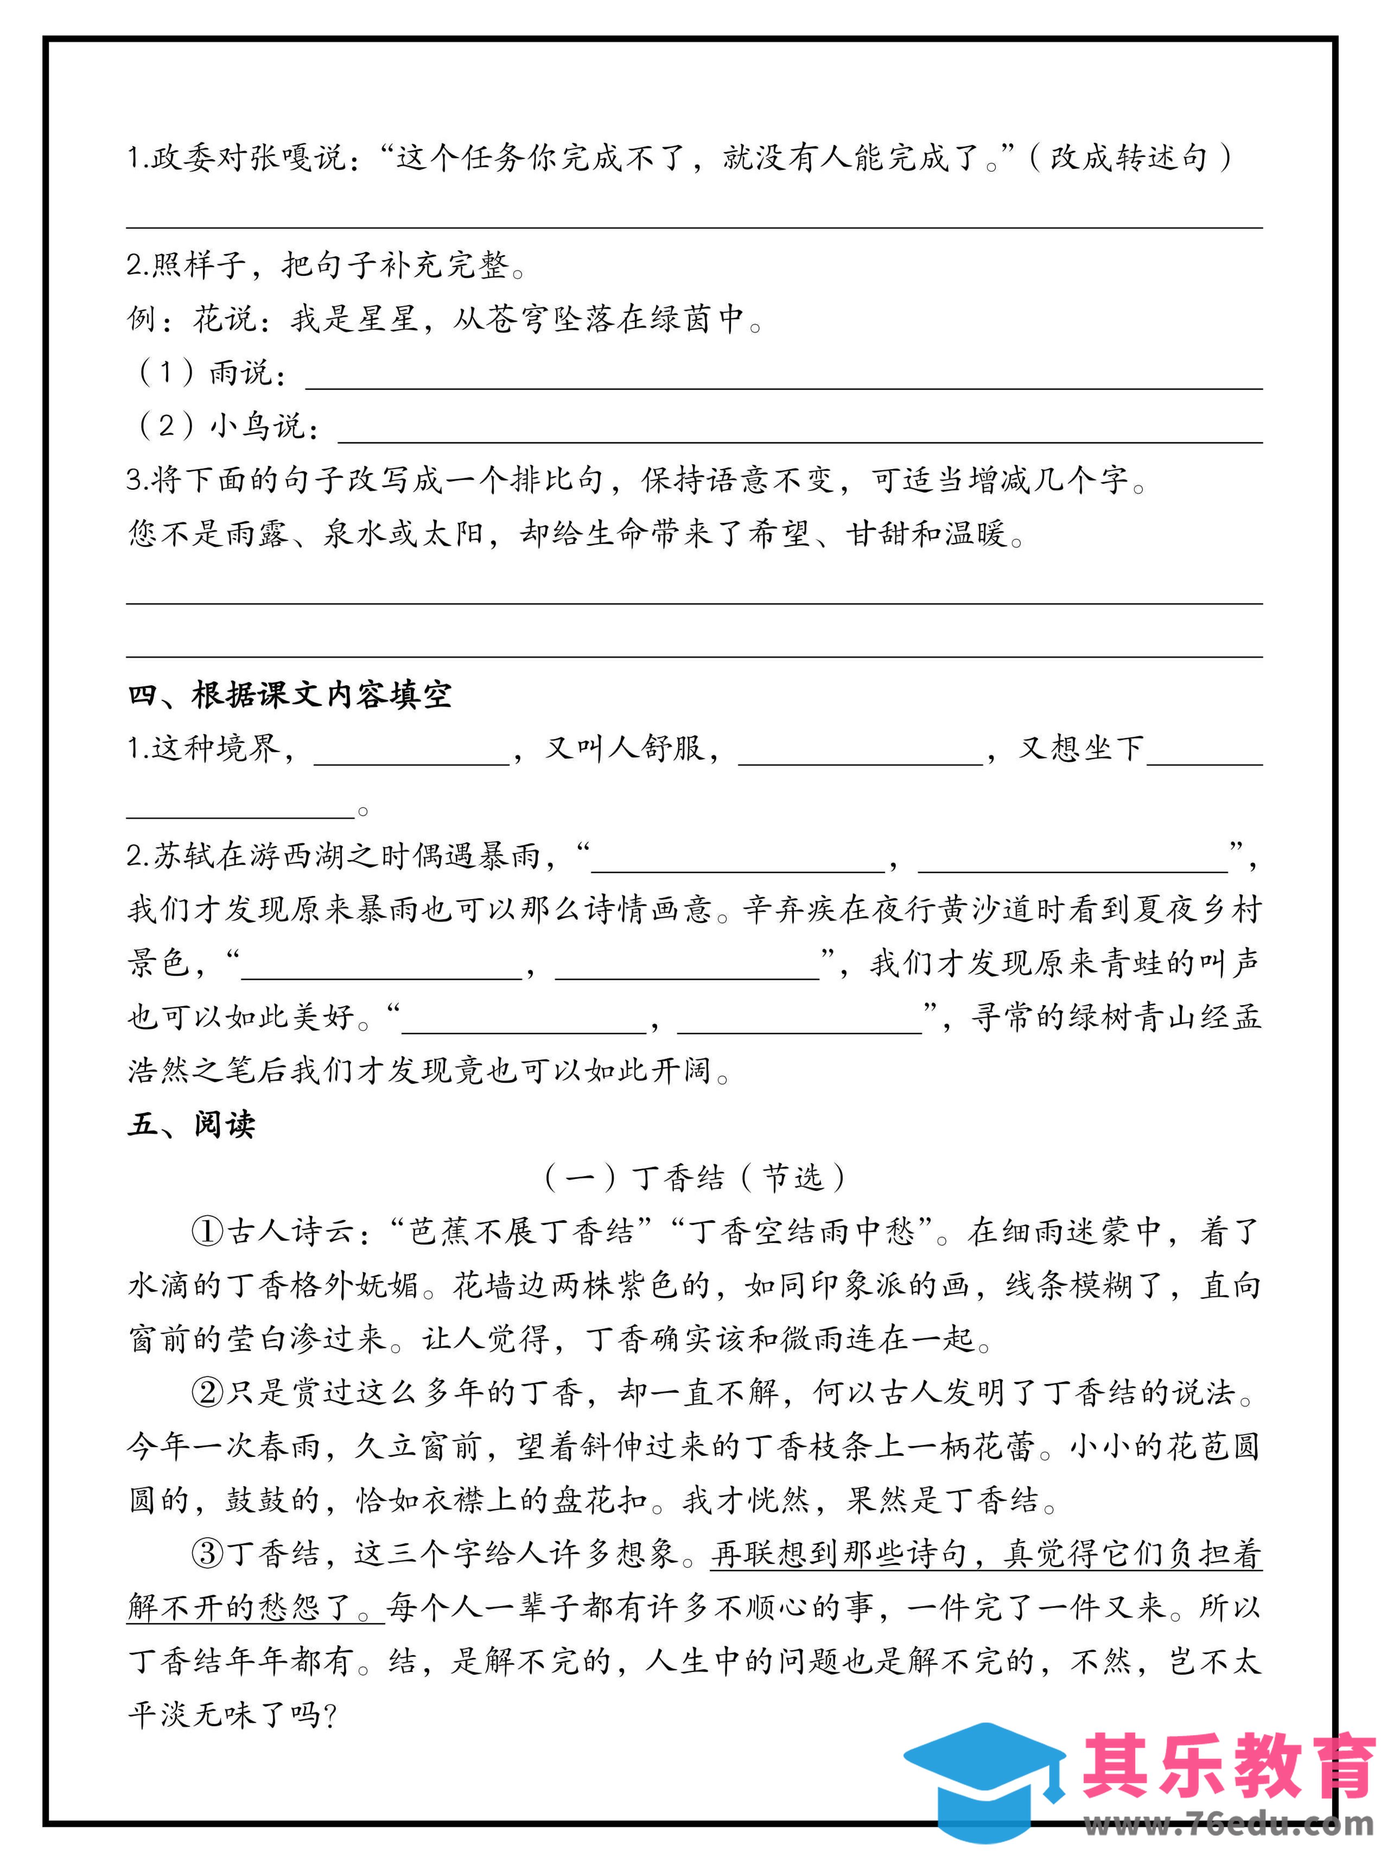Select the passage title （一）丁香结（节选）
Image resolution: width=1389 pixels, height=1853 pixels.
tap(694, 1178)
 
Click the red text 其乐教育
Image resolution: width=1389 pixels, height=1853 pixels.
tap(1228, 1766)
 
